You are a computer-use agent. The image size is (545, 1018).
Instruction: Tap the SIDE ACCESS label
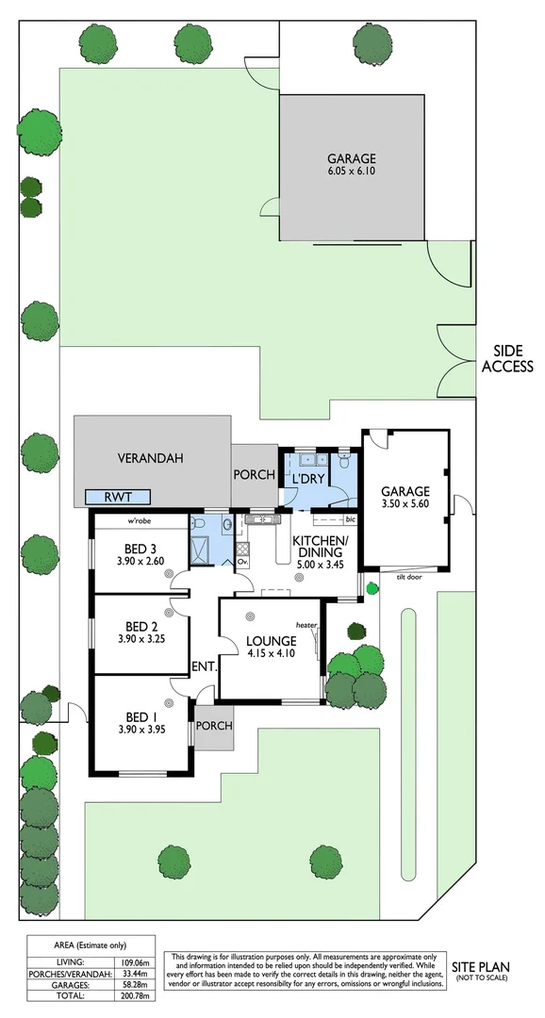pyautogui.click(x=507, y=358)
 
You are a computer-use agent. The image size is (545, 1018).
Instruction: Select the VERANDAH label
pyautogui.click(x=150, y=459)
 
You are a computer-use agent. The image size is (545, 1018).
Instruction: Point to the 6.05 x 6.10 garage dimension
pyautogui.click(x=351, y=172)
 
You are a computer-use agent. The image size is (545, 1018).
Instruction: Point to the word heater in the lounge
pyautogui.click(x=305, y=625)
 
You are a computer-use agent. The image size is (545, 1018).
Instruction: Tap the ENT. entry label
pyautogui.click(x=204, y=666)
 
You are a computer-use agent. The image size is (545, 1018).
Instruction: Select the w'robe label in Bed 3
pyautogui.click(x=141, y=521)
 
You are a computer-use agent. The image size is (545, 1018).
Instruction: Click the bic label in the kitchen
pyautogui.click(x=350, y=519)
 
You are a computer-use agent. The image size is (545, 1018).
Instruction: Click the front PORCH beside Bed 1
pyautogui.click(x=213, y=727)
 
